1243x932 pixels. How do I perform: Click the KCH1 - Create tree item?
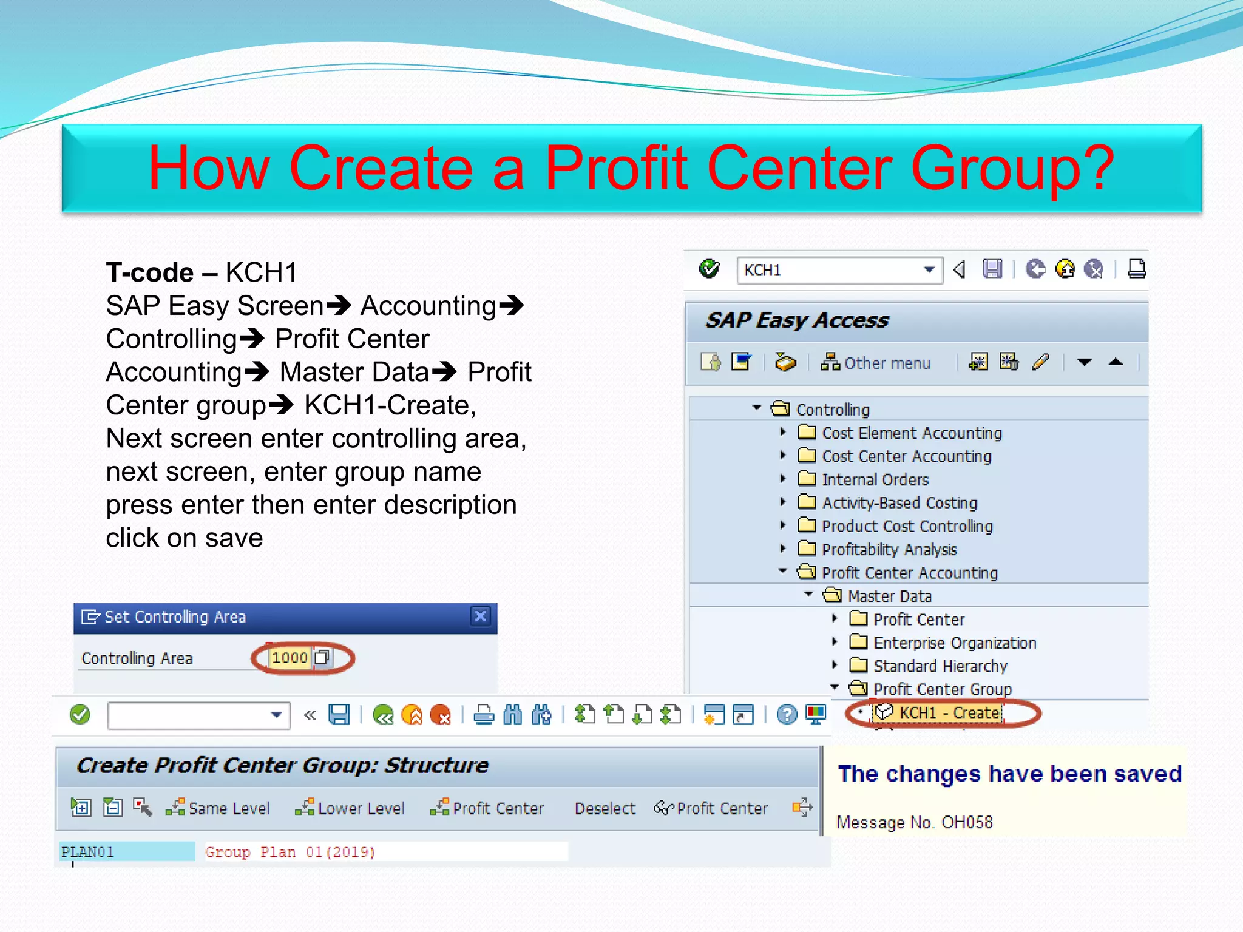click(949, 713)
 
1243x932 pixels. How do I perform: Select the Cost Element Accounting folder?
click(911, 433)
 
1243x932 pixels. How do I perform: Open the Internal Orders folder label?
click(875, 480)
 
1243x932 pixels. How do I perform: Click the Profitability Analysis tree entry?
click(889, 550)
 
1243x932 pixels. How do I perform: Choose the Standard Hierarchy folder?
click(940, 666)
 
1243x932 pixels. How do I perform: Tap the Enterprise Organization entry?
click(954, 643)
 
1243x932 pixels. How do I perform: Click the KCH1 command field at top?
click(831, 270)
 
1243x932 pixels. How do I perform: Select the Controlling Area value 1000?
click(290, 658)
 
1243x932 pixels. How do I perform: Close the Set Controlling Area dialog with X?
click(480, 616)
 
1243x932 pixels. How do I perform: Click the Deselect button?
click(605, 808)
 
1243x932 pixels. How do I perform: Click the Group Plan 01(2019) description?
click(290, 852)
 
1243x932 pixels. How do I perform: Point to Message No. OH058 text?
click(914, 823)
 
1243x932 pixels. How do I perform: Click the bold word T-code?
click(150, 272)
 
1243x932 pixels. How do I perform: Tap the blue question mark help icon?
click(787, 715)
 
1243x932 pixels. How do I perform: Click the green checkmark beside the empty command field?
click(80, 715)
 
